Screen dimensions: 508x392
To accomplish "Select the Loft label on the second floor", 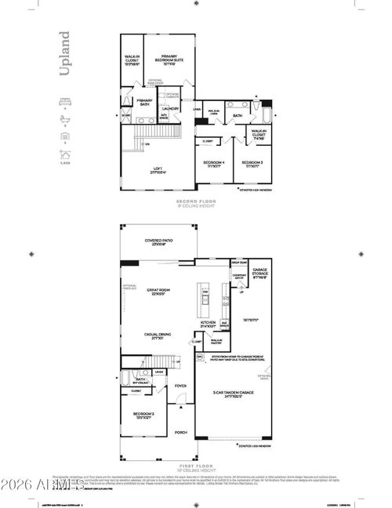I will click(x=157, y=171).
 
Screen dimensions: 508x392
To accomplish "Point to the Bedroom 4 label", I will click(x=214, y=164).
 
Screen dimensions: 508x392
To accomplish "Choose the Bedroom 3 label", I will click(x=251, y=164).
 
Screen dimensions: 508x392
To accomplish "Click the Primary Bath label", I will click(x=145, y=101).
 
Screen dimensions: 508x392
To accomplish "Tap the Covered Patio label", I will click(x=158, y=242).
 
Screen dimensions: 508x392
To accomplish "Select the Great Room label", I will click(x=158, y=292).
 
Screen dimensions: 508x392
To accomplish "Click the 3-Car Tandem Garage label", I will click(x=234, y=395).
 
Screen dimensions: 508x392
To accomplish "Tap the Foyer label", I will click(x=180, y=386).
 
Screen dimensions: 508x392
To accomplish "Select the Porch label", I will click(x=180, y=432).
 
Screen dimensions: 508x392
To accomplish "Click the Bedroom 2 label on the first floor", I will click(x=142, y=415).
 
